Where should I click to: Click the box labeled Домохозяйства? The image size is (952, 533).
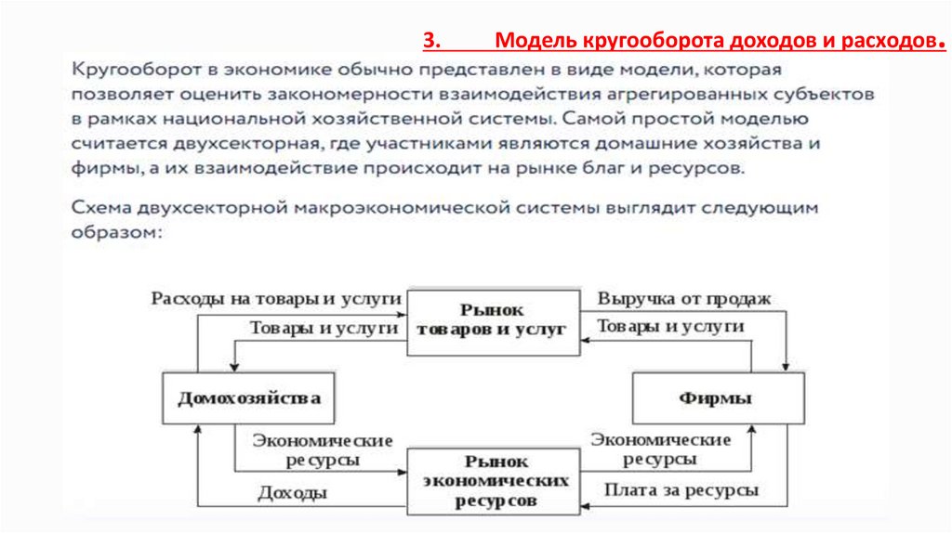pos(249,398)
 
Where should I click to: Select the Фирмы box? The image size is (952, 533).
pos(716,398)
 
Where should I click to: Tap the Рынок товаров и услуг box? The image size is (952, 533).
pos(493,318)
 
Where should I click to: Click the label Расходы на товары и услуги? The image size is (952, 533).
pos(276,299)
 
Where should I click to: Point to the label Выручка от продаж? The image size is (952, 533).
pos(684,299)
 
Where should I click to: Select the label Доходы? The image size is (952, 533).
pos(292,493)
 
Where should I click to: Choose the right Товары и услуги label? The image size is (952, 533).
pos(670,327)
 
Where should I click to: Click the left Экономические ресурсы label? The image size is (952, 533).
pos(324,449)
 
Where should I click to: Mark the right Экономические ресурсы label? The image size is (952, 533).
pos(661,448)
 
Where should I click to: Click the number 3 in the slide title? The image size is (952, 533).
pos(430,42)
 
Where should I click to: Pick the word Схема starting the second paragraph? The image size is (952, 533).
pos(99,208)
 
